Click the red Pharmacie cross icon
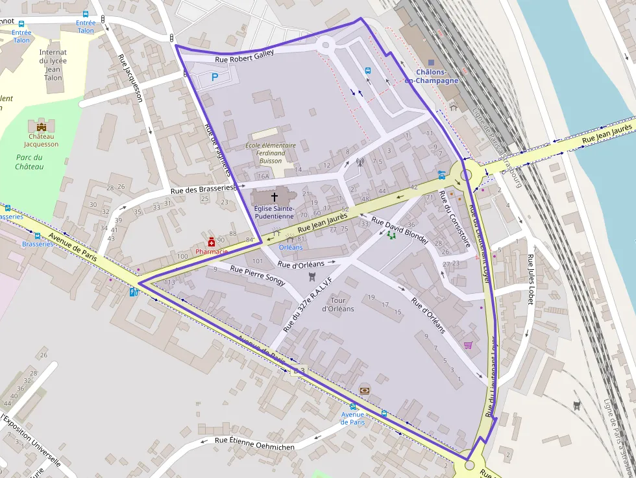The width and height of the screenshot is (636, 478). [x=211, y=242]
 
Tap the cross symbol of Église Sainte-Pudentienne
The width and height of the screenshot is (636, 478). [x=274, y=197]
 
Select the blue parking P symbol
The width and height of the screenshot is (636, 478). [x=215, y=77]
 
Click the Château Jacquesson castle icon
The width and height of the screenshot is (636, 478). [x=42, y=126]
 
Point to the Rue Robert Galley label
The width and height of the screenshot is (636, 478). [x=244, y=57]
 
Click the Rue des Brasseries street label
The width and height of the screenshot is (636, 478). [x=202, y=189]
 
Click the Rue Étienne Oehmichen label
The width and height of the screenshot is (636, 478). [x=254, y=444]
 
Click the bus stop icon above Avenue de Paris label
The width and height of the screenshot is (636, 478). [x=353, y=407]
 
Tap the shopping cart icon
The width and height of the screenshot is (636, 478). [x=467, y=345]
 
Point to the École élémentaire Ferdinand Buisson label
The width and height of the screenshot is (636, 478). [x=271, y=153]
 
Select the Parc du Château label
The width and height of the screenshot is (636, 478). [x=29, y=162]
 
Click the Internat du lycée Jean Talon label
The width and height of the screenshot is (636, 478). [x=53, y=65]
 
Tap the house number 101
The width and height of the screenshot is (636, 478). [x=257, y=261]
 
